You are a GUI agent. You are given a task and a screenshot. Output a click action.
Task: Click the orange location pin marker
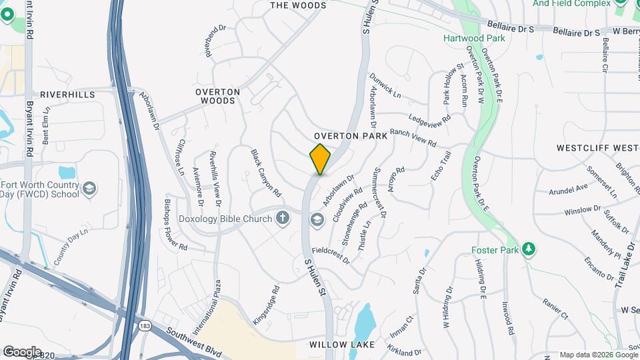[320, 159]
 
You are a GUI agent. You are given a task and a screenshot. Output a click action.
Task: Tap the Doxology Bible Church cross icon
[283, 218]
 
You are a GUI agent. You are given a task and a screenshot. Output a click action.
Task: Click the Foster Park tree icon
[529, 249]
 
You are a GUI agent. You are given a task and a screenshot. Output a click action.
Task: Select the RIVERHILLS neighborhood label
[67, 95]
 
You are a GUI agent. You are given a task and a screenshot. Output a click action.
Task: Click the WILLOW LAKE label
[342, 345]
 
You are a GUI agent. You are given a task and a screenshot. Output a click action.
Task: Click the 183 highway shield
[145, 326]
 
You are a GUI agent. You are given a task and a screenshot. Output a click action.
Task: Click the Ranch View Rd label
[413, 139]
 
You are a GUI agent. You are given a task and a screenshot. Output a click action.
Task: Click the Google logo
[21, 352]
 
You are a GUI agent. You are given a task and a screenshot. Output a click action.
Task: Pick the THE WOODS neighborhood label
[298, 5]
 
